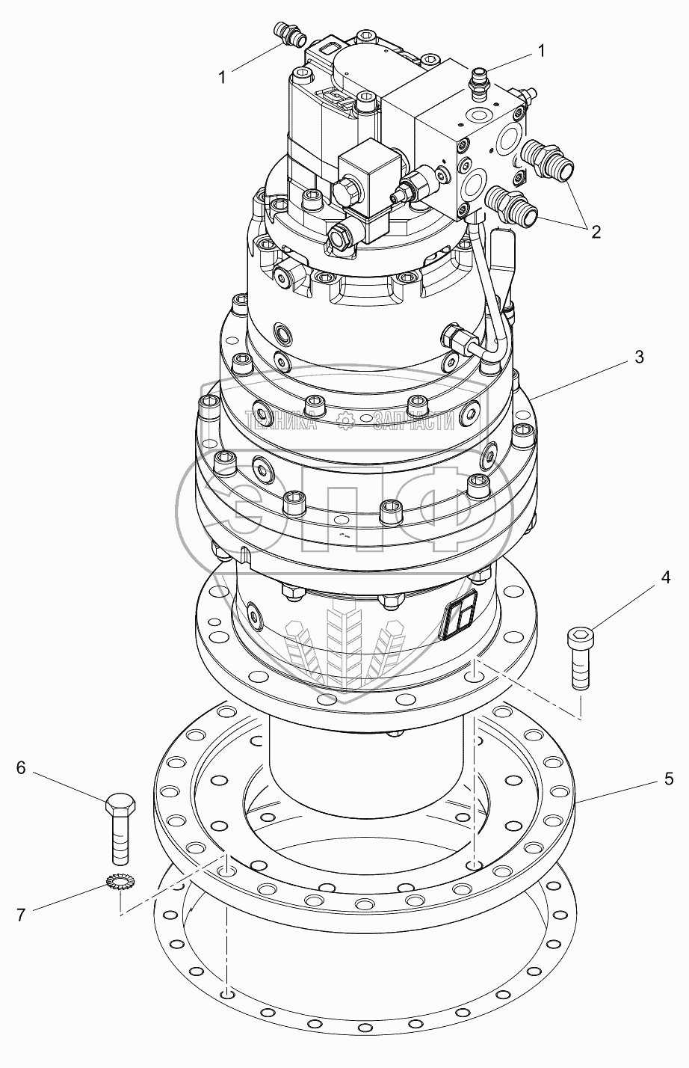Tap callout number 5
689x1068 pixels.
click(667, 778)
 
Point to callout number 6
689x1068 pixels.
click(21, 767)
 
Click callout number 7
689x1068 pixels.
click(21, 914)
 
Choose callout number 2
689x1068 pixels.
click(595, 231)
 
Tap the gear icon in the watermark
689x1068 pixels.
click(346, 422)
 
